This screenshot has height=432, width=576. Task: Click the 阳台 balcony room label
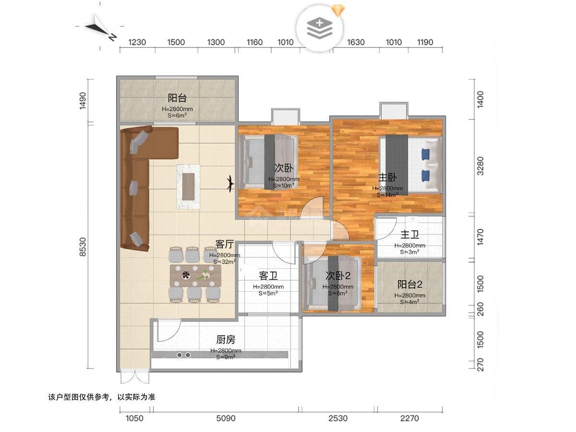click(177, 98)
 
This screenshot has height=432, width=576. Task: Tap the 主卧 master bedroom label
click(387, 178)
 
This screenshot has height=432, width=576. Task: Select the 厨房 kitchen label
click(226, 340)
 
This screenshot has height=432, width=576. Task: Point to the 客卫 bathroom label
click(268, 276)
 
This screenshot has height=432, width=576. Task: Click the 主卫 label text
click(409, 235)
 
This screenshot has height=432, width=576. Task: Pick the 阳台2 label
click(409, 284)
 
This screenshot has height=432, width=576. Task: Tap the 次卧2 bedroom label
click(338, 276)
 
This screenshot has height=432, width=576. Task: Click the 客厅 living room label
click(224, 244)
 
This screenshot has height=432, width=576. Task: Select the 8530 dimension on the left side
click(83, 247)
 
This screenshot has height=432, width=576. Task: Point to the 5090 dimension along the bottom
click(226, 418)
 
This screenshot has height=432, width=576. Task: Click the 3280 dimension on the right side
click(480, 166)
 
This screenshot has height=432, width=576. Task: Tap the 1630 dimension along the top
click(356, 42)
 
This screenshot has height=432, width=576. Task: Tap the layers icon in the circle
click(320, 28)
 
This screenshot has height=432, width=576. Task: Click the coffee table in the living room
click(188, 187)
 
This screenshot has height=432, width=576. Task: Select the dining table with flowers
click(195, 276)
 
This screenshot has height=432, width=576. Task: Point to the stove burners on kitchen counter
click(183, 355)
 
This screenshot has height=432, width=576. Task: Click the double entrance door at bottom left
click(135, 377)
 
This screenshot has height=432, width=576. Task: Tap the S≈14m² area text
click(387, 195)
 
